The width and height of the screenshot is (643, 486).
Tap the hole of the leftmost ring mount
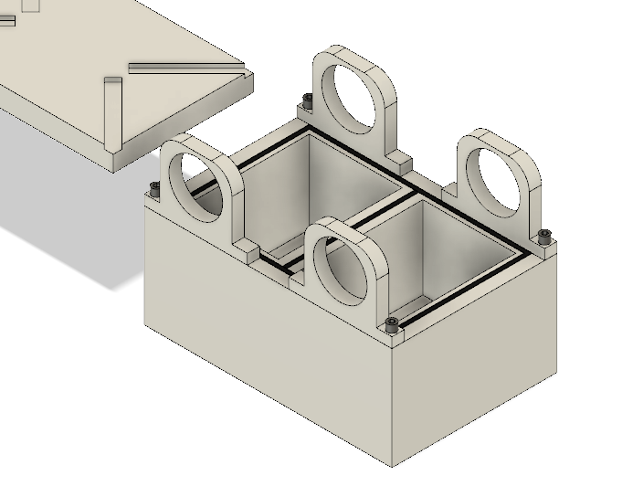point(203,186)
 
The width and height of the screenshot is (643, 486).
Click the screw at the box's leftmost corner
point(154,187)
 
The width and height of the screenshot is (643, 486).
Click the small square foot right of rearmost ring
point(406,164)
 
